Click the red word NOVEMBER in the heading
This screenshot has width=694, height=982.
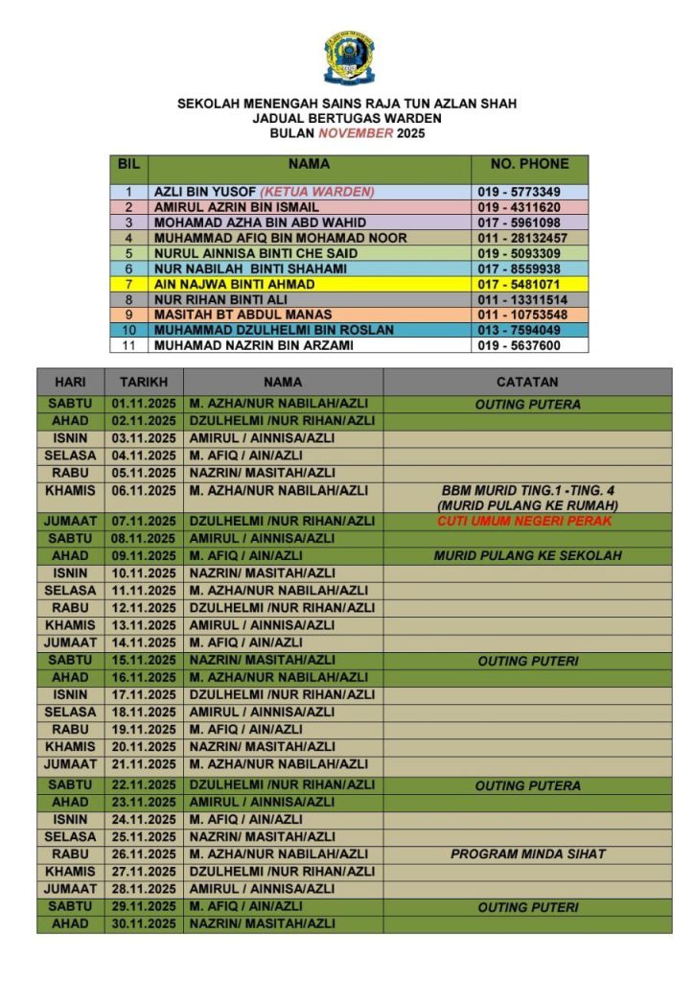[x=356, y=133]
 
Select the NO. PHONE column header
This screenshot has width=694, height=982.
[x=529, y=164]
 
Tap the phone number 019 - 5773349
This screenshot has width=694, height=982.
[x=520, y=192]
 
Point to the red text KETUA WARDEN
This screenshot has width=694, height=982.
[x=317, y=192]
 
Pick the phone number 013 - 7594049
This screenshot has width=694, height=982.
[x=520, y=330]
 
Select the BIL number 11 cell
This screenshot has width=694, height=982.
[x=128, y=345]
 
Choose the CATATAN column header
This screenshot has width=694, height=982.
[x=527, y=382]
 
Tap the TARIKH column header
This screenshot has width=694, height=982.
[x=144, y=382]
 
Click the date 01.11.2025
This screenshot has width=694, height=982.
[x=144, y=404]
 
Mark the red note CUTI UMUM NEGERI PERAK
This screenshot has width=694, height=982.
[x=524, y=521]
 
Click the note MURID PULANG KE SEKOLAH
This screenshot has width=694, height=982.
[x=527, y=555]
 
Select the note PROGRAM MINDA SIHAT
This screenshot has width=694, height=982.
[x=527, y=853]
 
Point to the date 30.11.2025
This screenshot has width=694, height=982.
[x=144, y=924]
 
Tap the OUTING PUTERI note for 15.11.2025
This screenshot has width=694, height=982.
[x=527, y=661]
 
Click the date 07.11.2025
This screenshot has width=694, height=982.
[x=144, y=521]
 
